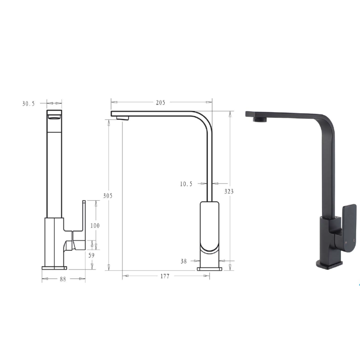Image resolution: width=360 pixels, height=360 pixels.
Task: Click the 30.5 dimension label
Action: point(28,103)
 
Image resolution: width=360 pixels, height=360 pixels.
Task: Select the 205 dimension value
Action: point(161,102)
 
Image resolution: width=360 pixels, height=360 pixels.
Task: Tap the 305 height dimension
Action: point(108,196)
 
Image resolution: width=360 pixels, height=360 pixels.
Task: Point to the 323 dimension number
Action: point(229,191)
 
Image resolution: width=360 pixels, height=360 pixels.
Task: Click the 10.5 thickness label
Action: point(186,184)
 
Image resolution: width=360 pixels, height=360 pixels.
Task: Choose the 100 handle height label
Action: point(95,226)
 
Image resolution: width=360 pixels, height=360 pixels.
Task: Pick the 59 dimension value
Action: point(91,255)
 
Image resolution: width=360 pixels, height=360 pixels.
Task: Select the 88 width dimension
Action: point(63,279)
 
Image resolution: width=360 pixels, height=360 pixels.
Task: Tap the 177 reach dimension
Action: point(165,276)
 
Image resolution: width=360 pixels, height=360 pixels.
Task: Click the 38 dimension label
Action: point(183,261)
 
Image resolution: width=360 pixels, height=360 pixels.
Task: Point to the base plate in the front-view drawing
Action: point(54,268)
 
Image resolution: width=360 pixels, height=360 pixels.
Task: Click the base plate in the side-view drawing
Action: point(210,269)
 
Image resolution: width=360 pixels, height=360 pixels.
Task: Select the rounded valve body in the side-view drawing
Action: point(210,229)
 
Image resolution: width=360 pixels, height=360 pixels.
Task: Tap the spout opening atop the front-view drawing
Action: point(54,117)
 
